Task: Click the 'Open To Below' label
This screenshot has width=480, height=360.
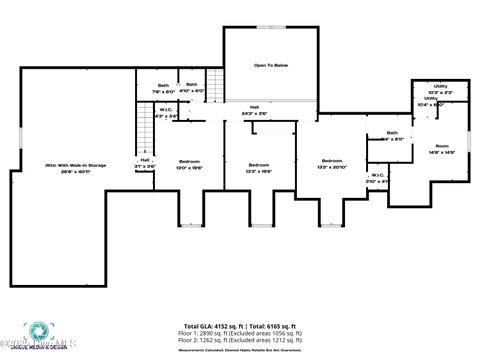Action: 270,65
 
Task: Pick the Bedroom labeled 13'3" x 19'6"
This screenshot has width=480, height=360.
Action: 259,166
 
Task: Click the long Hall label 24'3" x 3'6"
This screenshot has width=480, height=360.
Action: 254,110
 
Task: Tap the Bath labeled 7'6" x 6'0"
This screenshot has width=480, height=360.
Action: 163,87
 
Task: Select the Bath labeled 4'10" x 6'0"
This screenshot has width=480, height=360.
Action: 191,87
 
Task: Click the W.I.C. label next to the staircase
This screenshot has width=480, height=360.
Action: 167,112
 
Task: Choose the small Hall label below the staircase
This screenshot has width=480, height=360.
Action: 145,162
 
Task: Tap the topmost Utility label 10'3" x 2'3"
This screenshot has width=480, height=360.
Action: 440,88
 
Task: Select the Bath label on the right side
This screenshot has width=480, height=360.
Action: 392,135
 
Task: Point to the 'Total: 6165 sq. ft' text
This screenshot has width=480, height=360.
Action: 272,325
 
